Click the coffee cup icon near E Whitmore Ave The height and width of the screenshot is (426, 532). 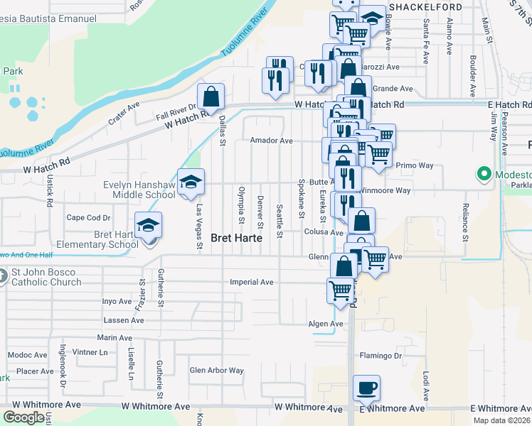click(x=366, y=388)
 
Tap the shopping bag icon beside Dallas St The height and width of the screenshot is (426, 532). click(x=211, y=97)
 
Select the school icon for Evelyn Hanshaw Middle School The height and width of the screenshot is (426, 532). click(x=191, y=182)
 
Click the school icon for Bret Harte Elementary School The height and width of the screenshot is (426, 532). click(x=149, y=225)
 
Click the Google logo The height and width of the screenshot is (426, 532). click(x=23, y=417)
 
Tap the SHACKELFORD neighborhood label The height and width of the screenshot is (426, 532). click(x=423, y=6)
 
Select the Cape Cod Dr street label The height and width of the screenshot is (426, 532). click(x=89, y=218)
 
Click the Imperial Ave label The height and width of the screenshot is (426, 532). click(x=252, y=282)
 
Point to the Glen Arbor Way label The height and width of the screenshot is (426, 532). click(x=216, y=371)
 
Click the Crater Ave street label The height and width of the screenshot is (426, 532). click(x=124, y=116)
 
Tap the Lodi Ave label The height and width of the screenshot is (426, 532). click(x=426, y=382)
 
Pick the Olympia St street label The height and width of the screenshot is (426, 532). click(x=242, y=203)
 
